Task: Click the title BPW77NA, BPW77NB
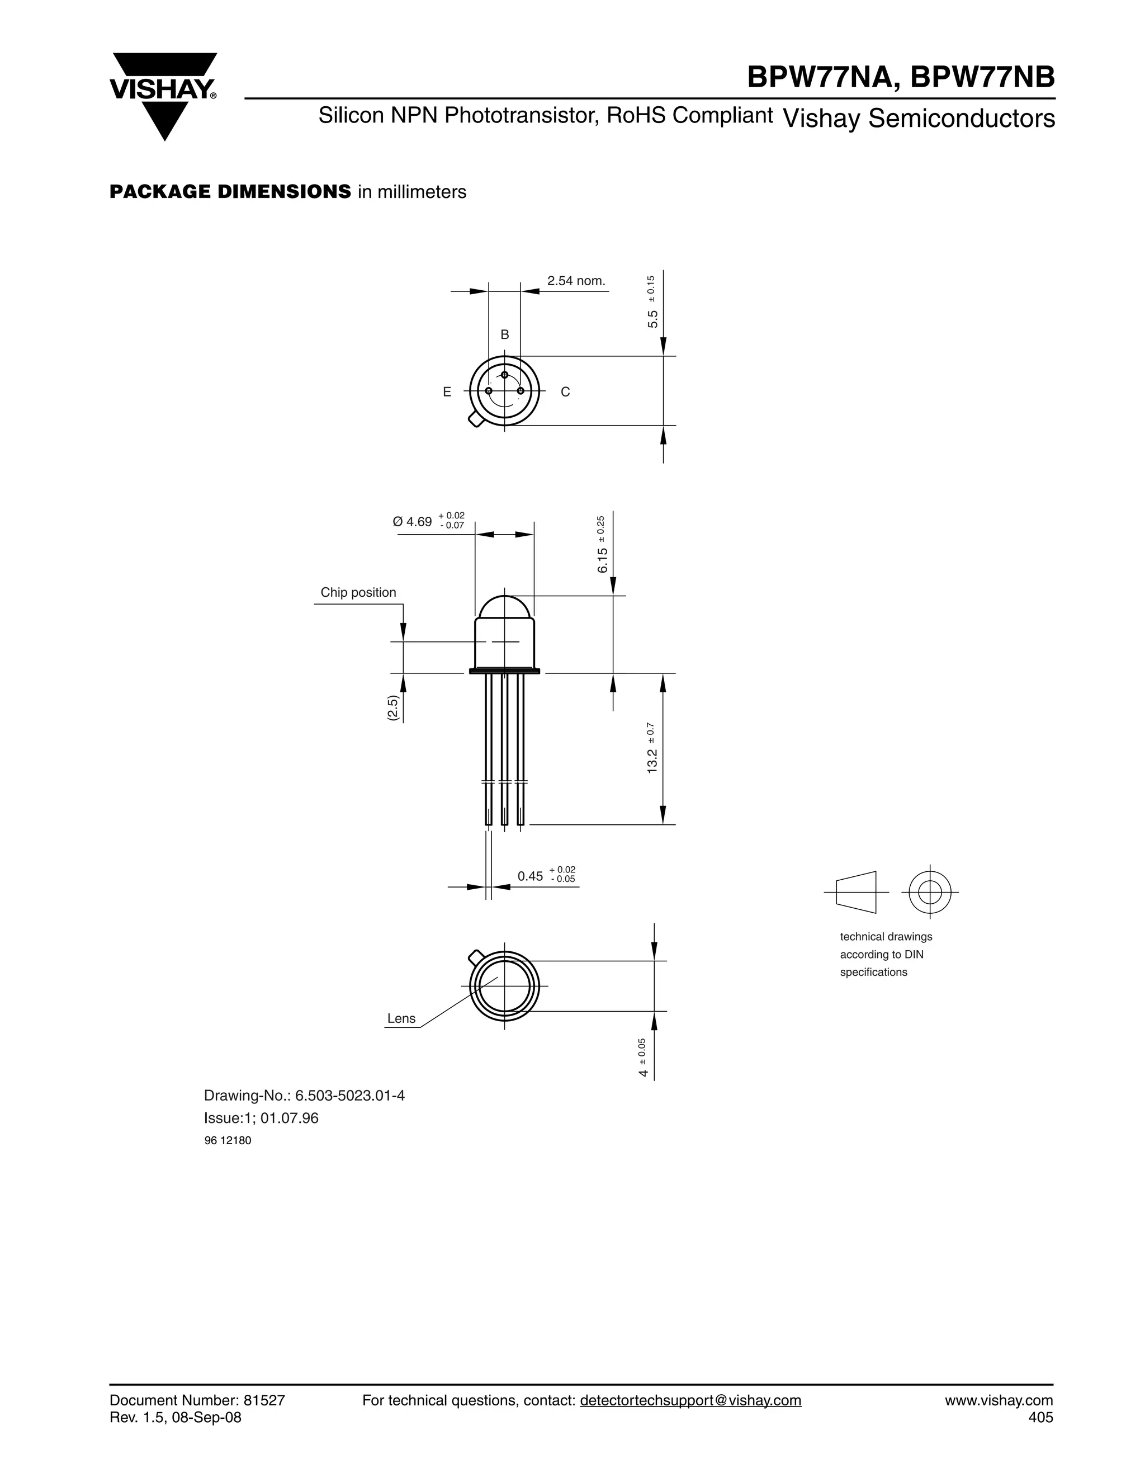tap(900, 77)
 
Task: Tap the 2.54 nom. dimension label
tap(576, 281)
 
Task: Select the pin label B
tap(505, 334)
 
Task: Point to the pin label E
tap(447, 392)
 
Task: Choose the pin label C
tap(566, 392)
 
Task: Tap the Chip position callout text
tap(358, 592)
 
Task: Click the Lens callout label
tap(401, 1018)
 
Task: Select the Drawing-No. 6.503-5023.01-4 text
tap(305, 1095)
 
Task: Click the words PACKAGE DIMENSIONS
tap(230, 192)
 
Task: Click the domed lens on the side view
tap(505, 607)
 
